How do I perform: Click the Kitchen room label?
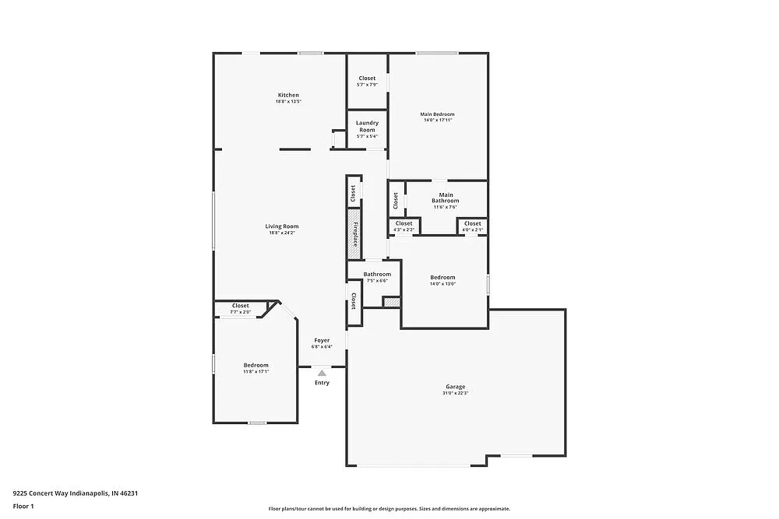click(x=287, y=95)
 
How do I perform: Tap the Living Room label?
click(x=281, y=226)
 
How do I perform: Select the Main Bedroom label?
click(x=437, y=114)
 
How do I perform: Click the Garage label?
click(x=456, y=387)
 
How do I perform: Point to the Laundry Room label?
click(x=367, y=126)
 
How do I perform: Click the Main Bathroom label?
click(x=446, y=198)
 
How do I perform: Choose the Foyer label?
click(x=322, y=340)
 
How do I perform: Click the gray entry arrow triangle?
click(x=322, y=373)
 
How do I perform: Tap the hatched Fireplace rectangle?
click(x=354, y=233)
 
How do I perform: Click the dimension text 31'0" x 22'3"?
click(x=456, y=394)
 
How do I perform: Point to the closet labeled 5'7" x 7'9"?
click(x=367, y=81)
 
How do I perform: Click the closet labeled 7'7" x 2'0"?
click(x=240, y=309)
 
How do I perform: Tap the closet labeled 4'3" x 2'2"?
click(x=404, y=226)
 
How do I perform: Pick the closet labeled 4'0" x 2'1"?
click(x=473, y=226)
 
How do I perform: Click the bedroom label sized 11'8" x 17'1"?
click(x=256, y=368)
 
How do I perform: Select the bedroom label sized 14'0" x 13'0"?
click(x=442, y=280)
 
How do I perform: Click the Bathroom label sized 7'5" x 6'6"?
click(x=377, y=277)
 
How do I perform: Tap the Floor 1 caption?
click(x=23, y=506)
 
